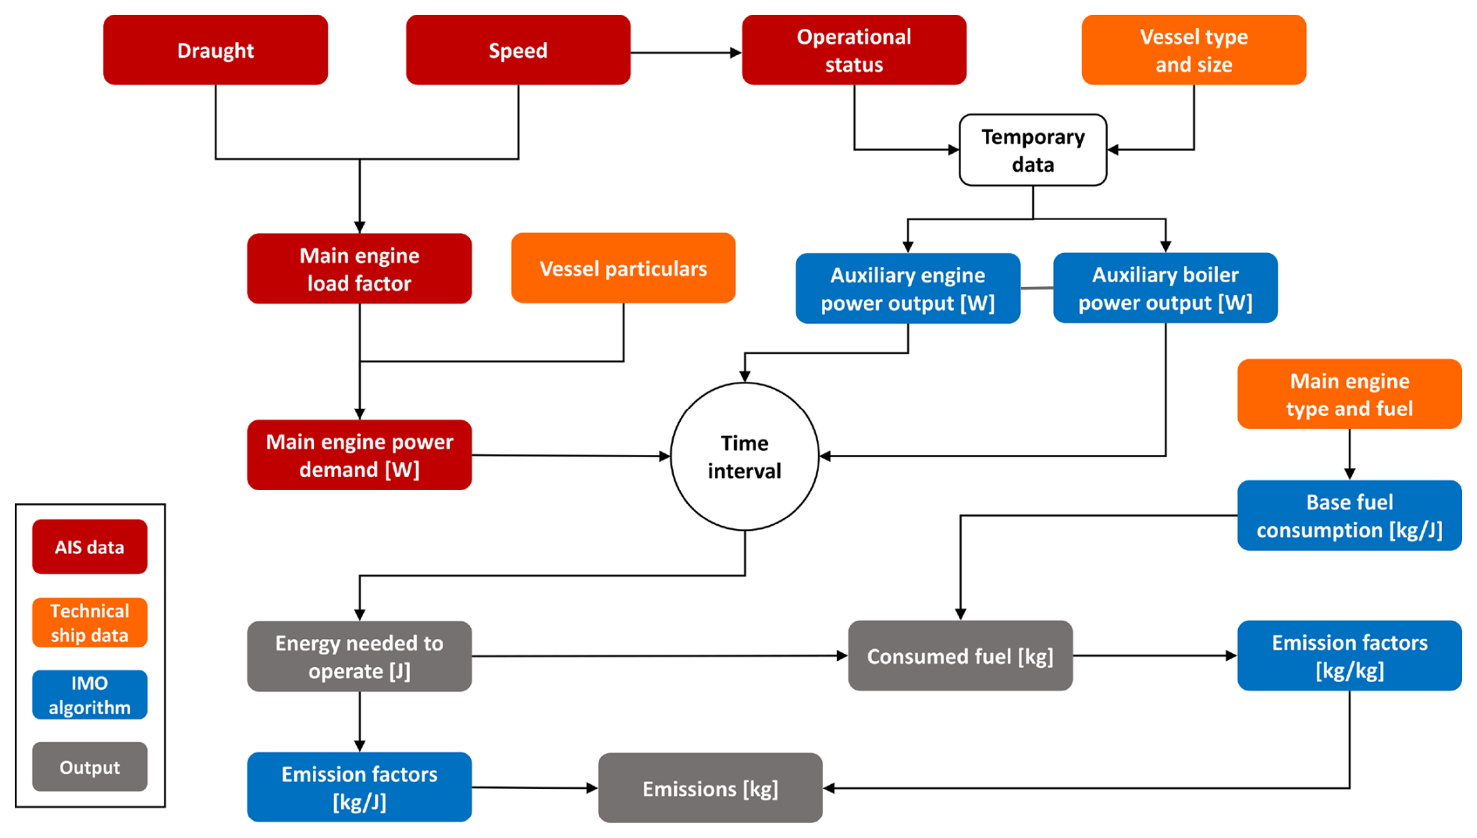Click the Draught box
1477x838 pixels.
click(215, 50)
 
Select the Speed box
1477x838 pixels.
click(518, 50)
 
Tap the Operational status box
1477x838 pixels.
click(854, 50)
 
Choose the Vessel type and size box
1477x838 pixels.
click(1194, 50)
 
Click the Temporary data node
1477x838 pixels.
click(1033, 150)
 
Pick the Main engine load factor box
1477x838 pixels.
click(359, 268)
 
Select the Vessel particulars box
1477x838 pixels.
click(623, 268)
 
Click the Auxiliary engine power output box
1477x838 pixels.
click(908, 288)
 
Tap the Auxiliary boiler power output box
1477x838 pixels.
click(1165, 288)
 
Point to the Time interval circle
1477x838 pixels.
click(745, 456)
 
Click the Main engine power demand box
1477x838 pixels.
click(359, 455)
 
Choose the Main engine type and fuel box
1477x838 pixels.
click(1349, 394)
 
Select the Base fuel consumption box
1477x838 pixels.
click(1349, 515)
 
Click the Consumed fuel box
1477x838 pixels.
click(960, 655)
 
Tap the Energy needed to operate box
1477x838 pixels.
click(359, 656)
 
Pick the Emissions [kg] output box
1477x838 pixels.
click(710, 788)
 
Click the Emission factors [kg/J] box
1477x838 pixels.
click(359, 787)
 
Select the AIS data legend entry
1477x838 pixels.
click(90, 547)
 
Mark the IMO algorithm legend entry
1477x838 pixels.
click(90, 694)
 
